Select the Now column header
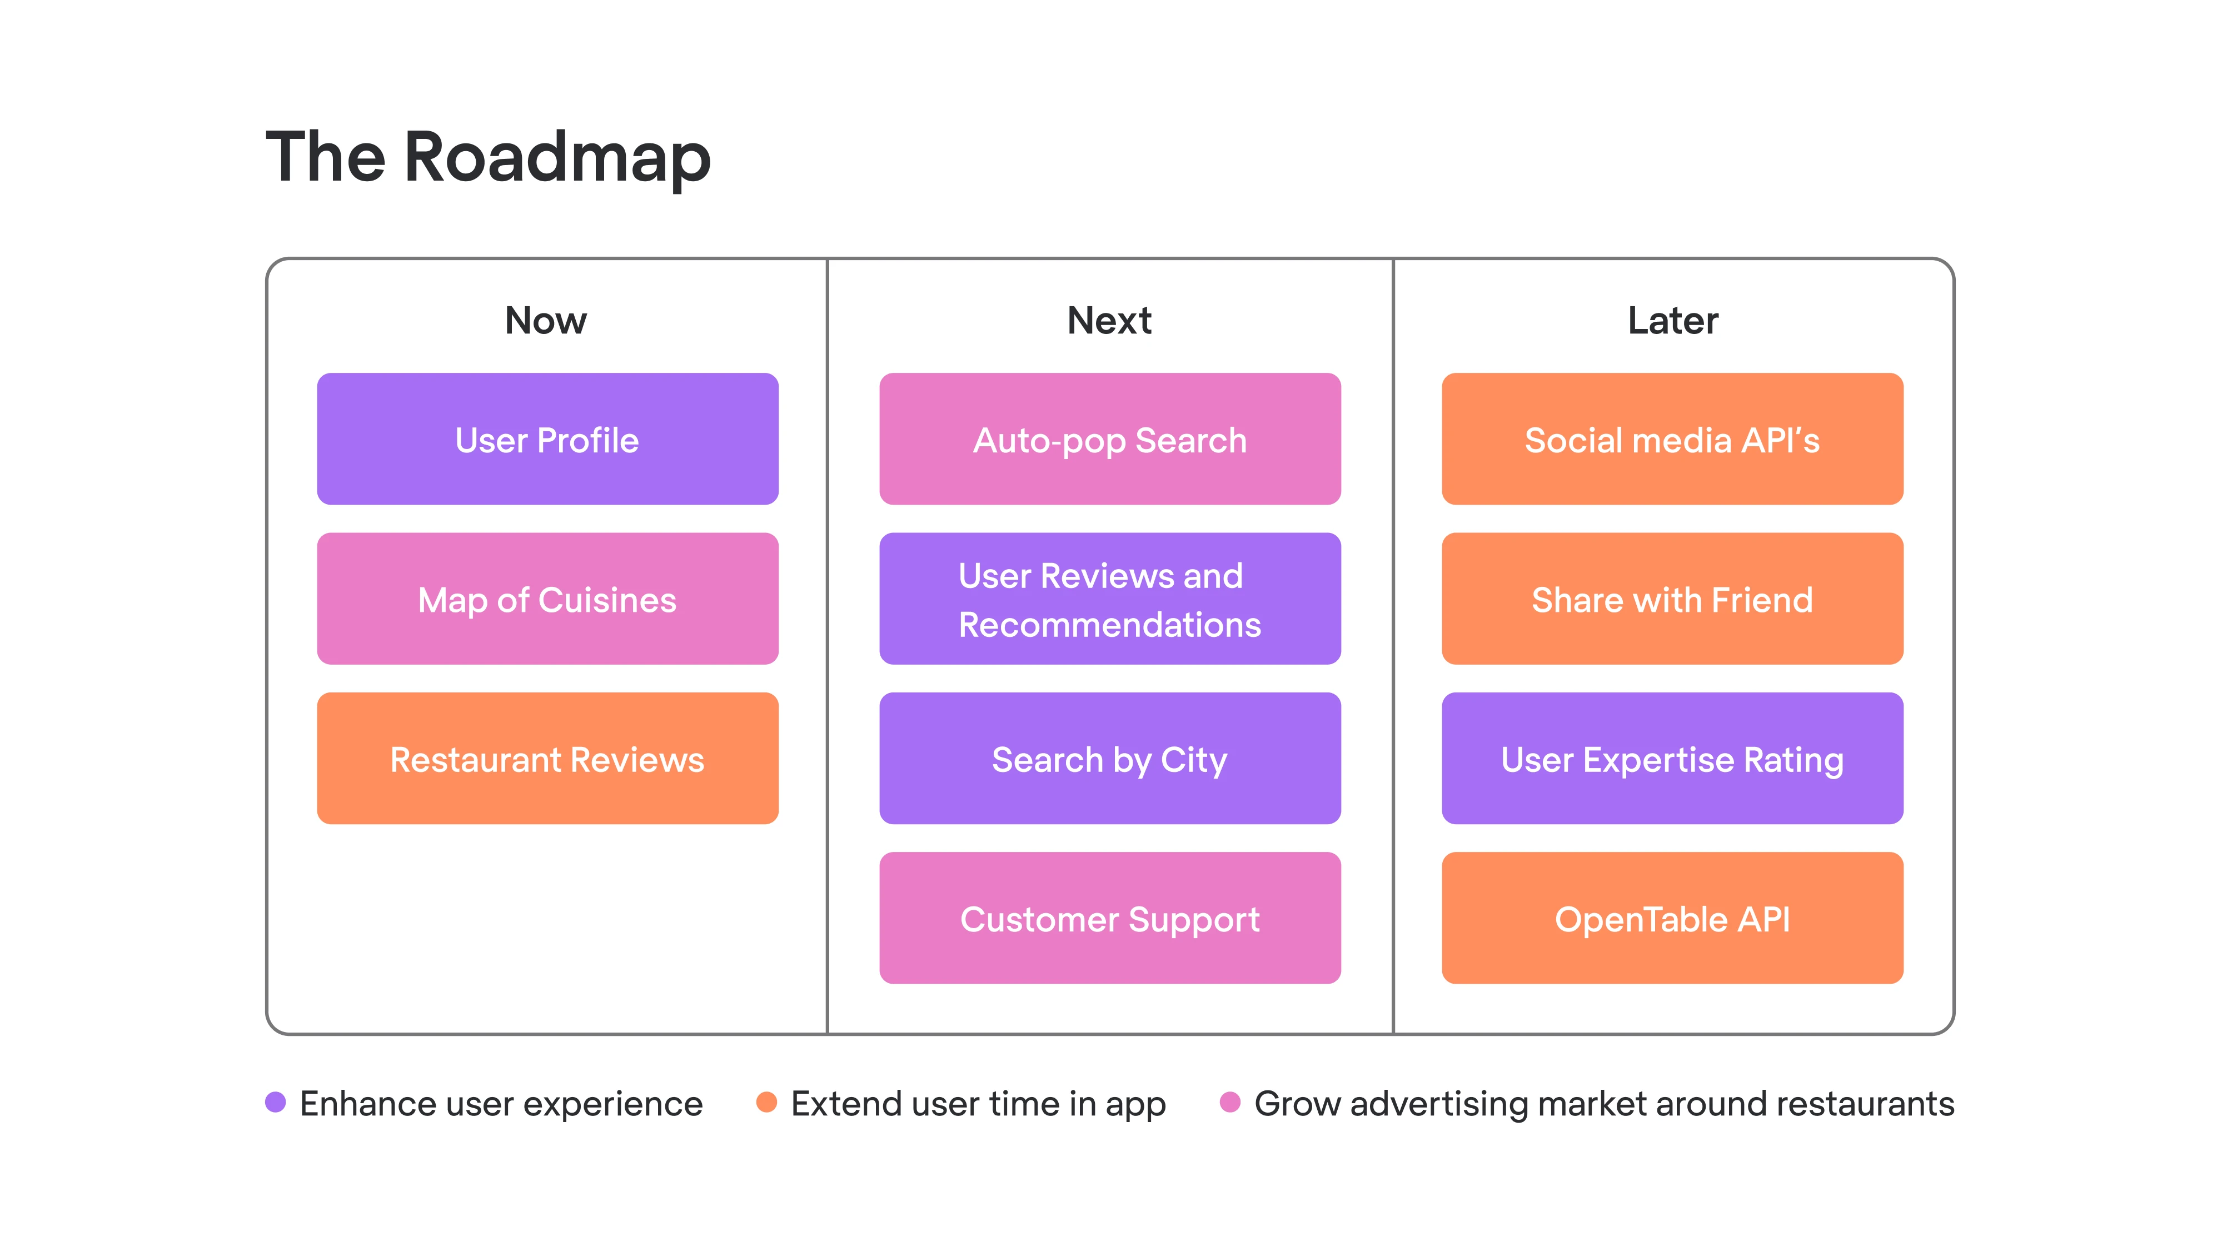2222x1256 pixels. (546, 320)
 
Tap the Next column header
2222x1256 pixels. (1109, 320)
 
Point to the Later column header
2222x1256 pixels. (1672, 320)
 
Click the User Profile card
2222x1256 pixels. (548, 439)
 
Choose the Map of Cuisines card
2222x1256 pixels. (548, 599)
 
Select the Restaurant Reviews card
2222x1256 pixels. (548, 758)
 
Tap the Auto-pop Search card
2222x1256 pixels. (1110, 439)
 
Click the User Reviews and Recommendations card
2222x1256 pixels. (1110, 599)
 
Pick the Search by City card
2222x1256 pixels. (1110, 758)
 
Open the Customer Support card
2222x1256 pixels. (1110, 918)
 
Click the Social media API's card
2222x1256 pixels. (1672, 439)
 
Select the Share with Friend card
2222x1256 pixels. (1672, 599)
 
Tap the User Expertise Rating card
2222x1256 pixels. (1672, 758)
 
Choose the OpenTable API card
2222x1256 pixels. (1672, 918)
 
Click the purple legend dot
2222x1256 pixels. (275, 1103)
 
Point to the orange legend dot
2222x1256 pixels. (766, 1103)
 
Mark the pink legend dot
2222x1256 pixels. (1230, 1103)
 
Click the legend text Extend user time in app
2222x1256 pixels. (978, 1104)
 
